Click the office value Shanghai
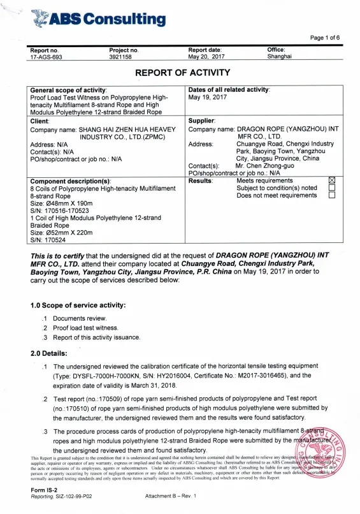click(281, 57)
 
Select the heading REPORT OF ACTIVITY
click(180, 73)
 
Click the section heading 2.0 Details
click(49, 353)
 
